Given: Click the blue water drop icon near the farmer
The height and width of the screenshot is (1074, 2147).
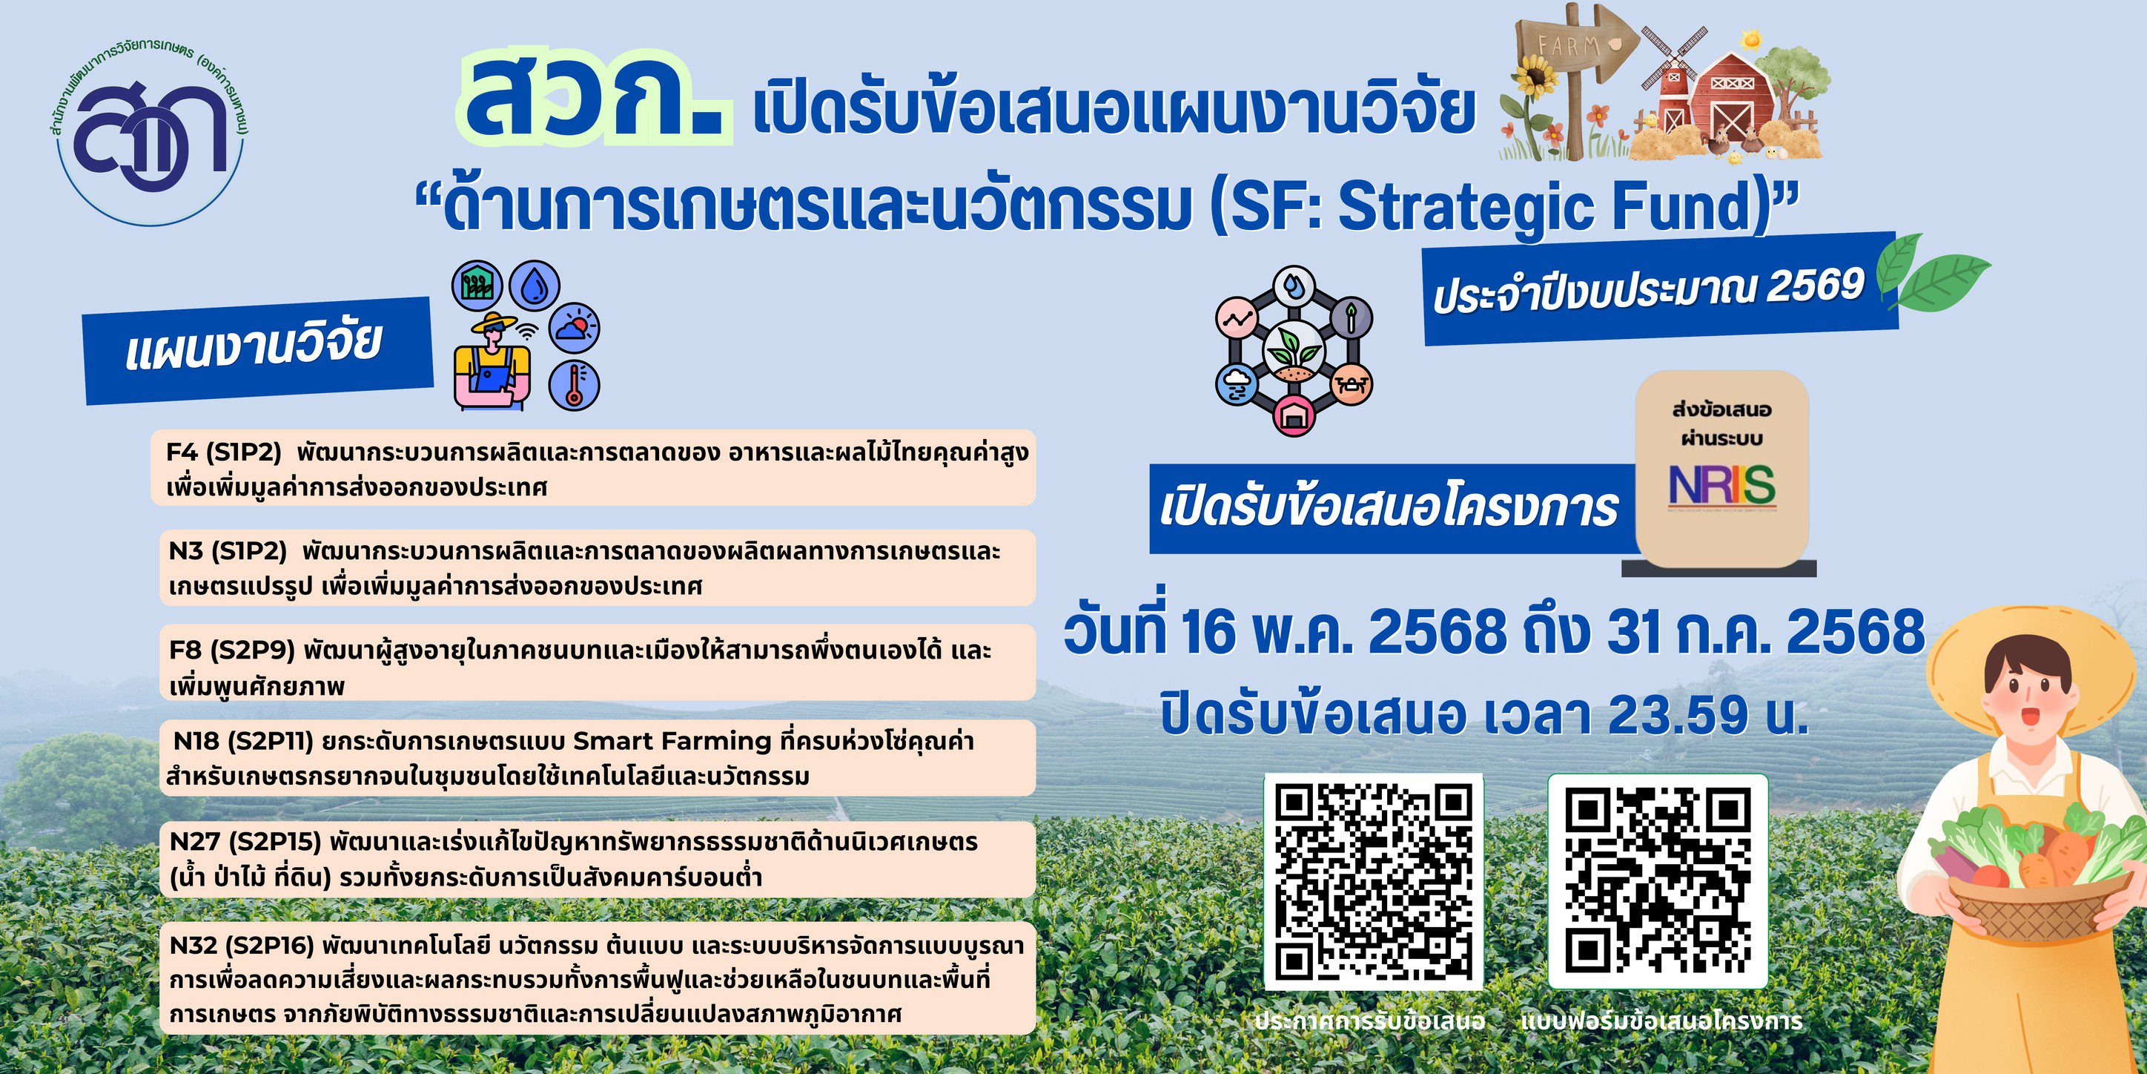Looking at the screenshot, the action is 535,287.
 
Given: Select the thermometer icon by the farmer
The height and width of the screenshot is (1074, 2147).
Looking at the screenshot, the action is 575,385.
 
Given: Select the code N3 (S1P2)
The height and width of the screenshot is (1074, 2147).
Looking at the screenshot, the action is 228,551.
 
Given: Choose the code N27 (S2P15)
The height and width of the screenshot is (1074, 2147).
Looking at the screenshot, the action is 245,842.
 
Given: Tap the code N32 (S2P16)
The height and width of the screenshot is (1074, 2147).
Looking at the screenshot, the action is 241,945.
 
